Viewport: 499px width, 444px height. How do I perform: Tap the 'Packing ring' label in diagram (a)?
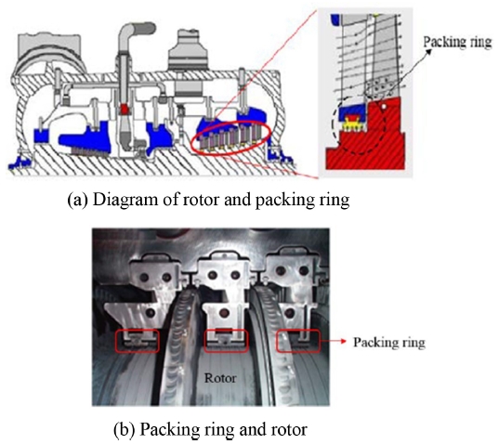click(457, 42)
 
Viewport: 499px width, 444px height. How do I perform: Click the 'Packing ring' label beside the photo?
click(389, 342)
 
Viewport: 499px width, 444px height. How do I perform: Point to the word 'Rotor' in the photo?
click(220, 378)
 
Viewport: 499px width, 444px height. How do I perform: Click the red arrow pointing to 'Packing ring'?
click(334, 341)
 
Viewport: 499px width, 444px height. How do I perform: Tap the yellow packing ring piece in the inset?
click(352, 124)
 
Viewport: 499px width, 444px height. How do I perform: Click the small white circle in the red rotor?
click(384, 107)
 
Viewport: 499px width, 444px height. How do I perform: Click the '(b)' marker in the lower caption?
click(125, 429)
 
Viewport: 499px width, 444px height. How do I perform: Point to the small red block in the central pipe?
click(125, 110)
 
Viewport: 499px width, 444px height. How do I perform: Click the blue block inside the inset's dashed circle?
click(352, 111)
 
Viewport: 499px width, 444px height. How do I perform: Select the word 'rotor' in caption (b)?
click(289, 430)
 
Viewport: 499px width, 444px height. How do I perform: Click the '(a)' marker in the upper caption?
click(78, 201)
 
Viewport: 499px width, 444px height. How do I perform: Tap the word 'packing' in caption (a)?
click(282, 201)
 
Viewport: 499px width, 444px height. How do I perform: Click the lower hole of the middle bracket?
click(224, 313)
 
